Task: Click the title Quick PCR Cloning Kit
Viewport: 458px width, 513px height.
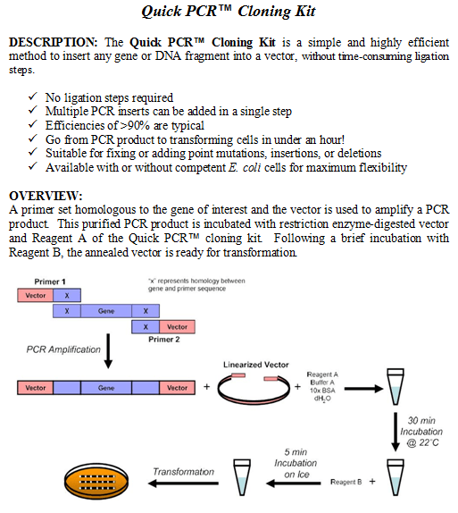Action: (229, 12)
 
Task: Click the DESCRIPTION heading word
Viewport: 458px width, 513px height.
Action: (53, 42)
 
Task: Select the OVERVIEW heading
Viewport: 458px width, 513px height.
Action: (46, 196)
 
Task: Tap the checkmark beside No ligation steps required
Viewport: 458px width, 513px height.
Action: (32, 97)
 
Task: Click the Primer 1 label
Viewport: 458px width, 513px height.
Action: (50, 282)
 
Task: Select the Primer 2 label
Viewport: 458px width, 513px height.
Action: (164, 340)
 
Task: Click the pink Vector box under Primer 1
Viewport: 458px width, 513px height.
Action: (36, 295)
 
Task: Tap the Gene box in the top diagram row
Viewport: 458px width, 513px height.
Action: (106, 311)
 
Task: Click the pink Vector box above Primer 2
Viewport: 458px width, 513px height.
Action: (177, 327)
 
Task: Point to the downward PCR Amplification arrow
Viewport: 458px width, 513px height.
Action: (108, 351)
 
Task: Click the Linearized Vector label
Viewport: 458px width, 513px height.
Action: (256, 365)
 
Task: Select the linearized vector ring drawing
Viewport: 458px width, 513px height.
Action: (254, 400)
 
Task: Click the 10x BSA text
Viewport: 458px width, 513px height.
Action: (322, 391)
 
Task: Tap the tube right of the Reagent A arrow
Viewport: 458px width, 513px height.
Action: (396, 386)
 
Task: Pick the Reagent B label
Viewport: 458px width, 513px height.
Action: (346, 482)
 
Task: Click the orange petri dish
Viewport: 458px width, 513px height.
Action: (96, 481)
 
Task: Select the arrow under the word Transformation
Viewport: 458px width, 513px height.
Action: (183, 484)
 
